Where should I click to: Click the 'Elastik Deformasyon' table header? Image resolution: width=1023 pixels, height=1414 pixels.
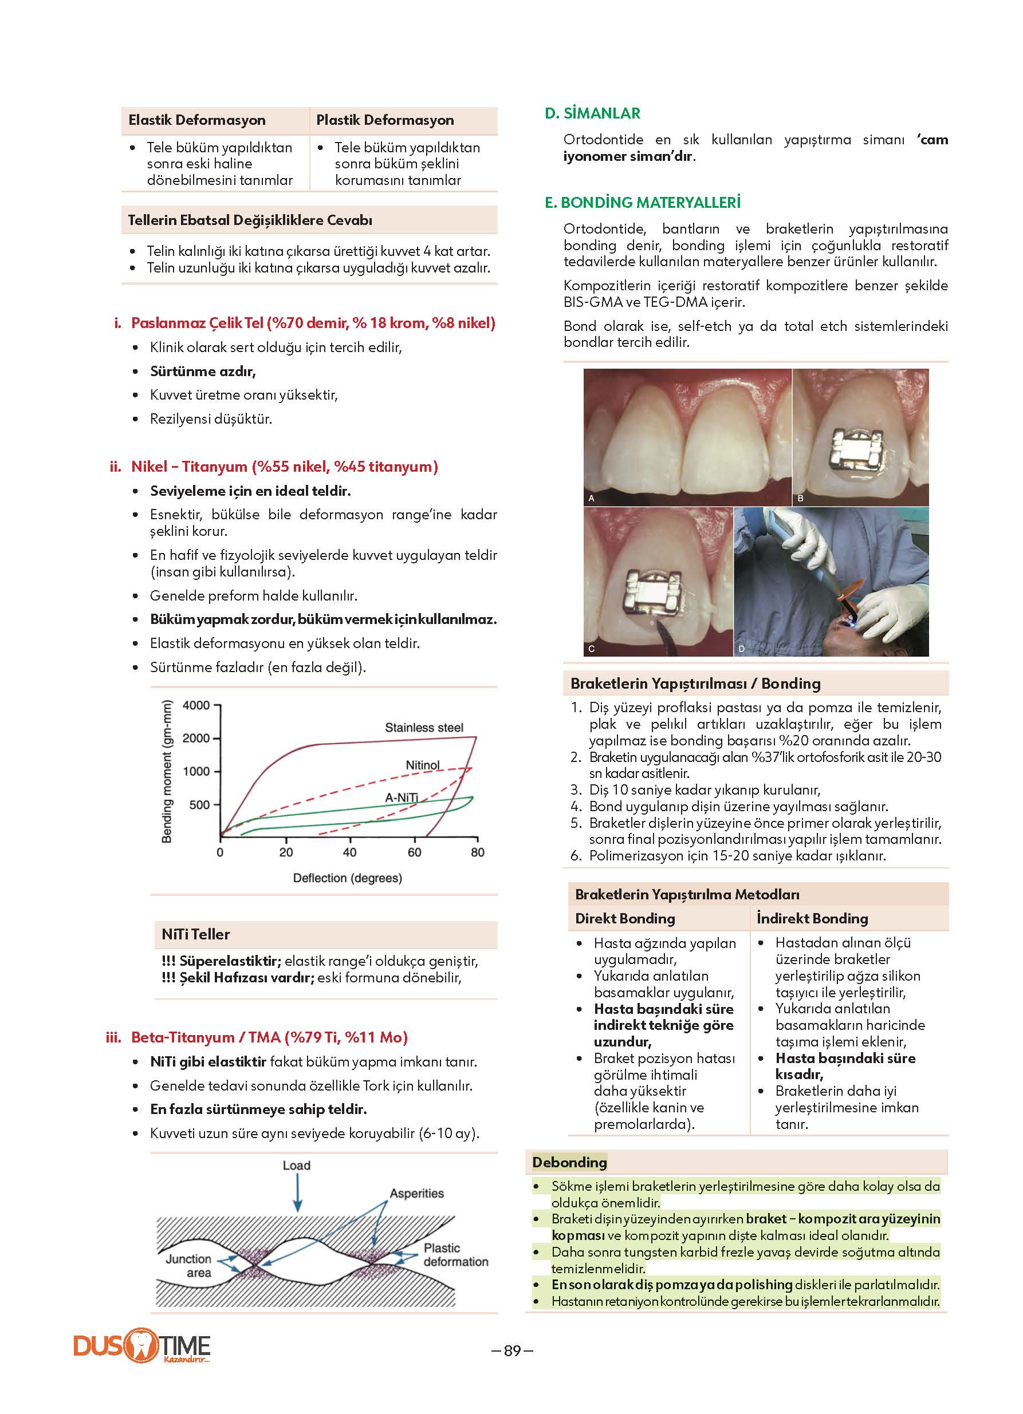196,120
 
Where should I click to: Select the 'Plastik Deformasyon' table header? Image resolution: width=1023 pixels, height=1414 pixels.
385,120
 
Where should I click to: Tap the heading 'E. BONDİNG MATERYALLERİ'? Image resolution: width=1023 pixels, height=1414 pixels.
643,203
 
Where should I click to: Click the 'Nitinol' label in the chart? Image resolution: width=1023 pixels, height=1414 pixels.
422,765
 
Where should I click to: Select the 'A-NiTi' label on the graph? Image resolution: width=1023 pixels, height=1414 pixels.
401,798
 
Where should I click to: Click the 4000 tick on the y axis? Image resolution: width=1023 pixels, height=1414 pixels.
196,706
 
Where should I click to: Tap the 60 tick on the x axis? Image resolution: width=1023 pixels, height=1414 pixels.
414,852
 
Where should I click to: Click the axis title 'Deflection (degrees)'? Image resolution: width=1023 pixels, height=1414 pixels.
348,878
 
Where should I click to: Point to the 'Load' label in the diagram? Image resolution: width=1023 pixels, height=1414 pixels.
296,1165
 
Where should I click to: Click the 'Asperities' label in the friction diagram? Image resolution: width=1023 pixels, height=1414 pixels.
416,1193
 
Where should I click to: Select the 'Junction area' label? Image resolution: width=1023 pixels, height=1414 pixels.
189,1266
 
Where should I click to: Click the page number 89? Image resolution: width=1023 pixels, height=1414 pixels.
512,1350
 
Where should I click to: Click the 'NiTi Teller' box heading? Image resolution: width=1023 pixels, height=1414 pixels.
195,934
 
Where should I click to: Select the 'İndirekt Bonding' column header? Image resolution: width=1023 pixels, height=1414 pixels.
812,918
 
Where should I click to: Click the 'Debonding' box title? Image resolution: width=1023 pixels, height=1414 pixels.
569,1162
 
